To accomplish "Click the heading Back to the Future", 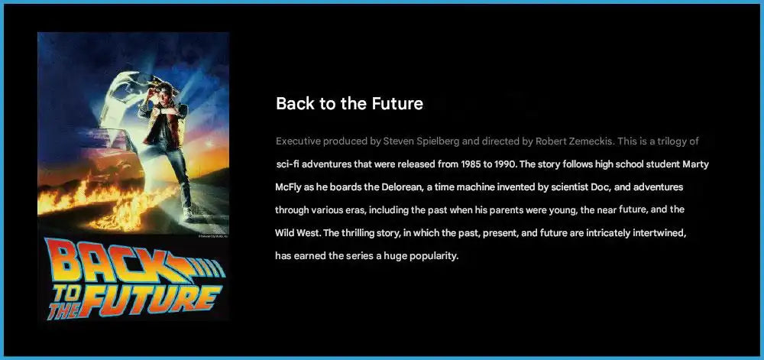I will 349,104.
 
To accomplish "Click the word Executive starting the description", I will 299,141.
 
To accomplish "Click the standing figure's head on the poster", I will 163,83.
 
